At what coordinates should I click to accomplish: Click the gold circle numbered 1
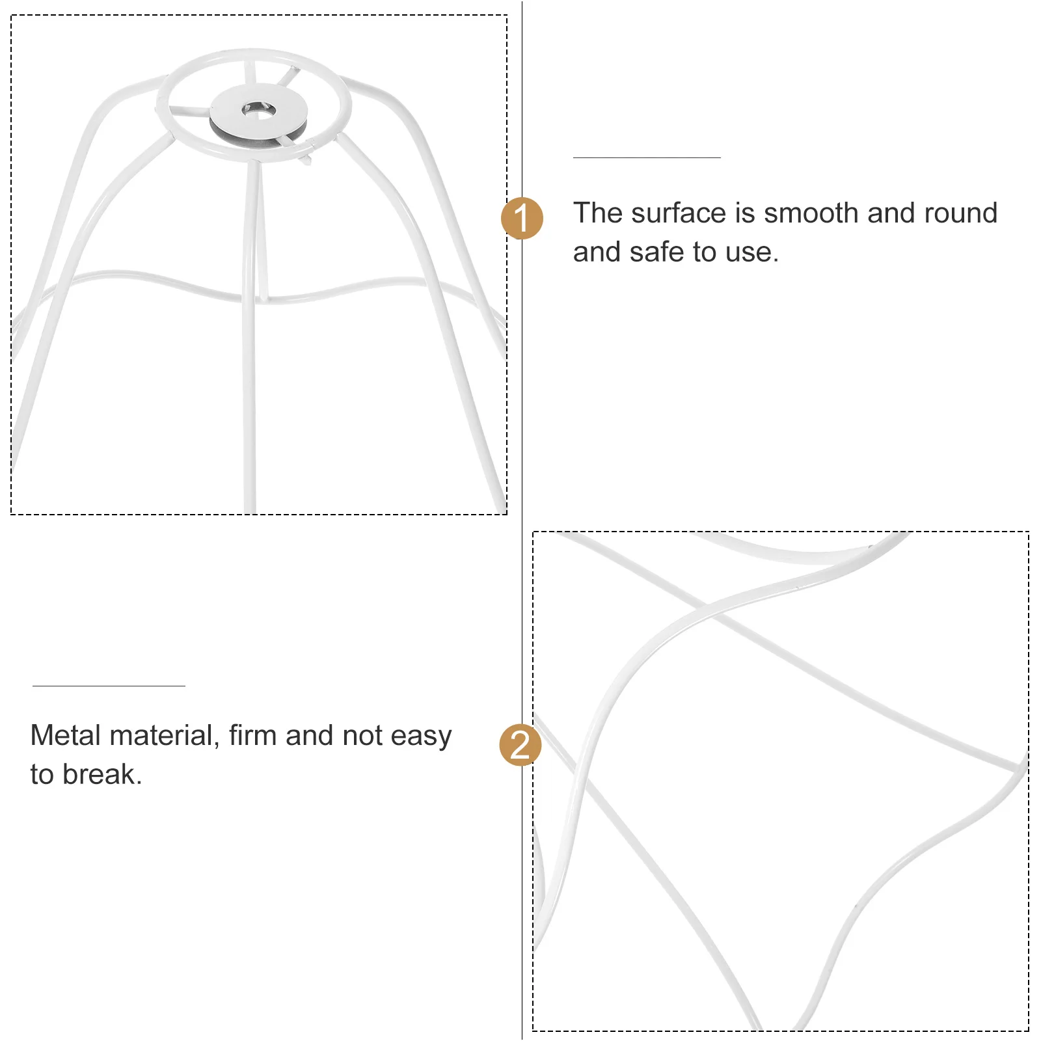pos(522,218)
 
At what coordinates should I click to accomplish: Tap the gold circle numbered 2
pos(520,744)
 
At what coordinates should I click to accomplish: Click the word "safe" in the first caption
pos(656,252)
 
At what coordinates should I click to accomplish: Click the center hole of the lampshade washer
pos(258,111)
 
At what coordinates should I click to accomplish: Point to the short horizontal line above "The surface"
pos(646,157)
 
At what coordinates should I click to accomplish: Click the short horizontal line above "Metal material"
pos(109,686)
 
